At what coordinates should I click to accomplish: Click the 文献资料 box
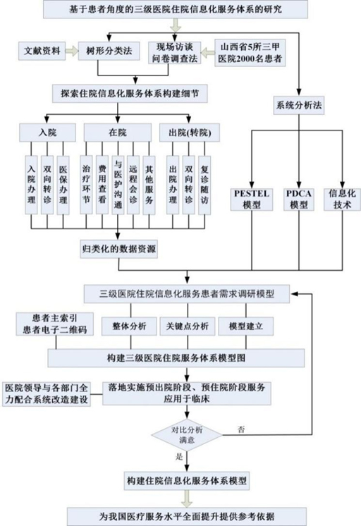tap(42, 51)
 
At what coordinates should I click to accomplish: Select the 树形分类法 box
tap(109, 51)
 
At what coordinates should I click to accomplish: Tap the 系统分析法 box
tap(299, 105)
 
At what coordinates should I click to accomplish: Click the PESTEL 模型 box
tap(252, 199)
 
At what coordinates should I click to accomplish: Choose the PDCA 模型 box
tap(298, 199)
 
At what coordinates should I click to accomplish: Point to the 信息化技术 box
tap(342, 199)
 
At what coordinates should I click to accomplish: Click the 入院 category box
tap(47, 133)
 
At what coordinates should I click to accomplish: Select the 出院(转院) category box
tap(190, 133)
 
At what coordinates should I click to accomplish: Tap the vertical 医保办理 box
tap(63, 185)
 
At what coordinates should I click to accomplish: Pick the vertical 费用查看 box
tap(102, 185)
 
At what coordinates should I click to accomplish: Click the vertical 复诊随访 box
tap(204, 185)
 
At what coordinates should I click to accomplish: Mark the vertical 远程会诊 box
tap(133, 185)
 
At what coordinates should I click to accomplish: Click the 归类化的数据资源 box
tap(118, 249)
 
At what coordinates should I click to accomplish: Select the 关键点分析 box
tap(188, 326)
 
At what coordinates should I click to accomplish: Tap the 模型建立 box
tap(246, 326)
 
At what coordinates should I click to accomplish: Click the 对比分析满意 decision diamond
tap(187, 435)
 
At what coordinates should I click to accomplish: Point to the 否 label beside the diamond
tap(241, 429)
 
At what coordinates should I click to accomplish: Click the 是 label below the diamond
tap(179, 456)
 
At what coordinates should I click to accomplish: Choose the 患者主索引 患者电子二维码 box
tap(55, 324)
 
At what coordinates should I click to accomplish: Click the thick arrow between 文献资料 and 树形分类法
tap(71, 51)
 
